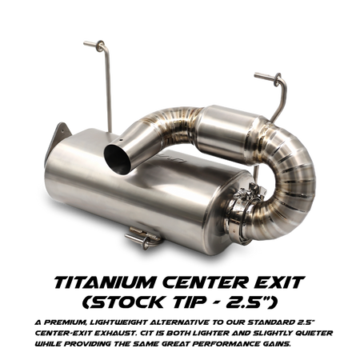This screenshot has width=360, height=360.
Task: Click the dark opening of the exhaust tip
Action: (x=118, y=159)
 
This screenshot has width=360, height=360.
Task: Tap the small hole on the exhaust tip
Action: (x=121, y=139)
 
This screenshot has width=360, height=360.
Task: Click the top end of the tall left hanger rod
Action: (x=85, y=43)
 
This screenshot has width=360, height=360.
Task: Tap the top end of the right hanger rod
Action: (x=256, y=75)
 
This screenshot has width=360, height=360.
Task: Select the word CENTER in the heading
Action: (x=205, y=282)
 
